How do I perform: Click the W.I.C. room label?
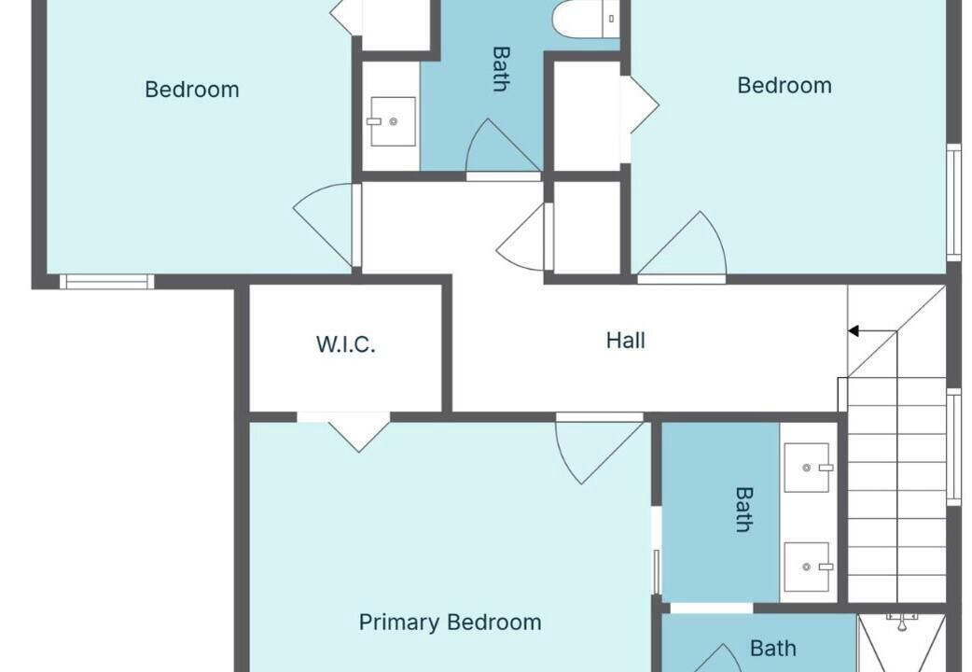pos(345,343)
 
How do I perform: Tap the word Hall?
pos(626,340)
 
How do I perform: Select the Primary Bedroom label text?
pos(450,622)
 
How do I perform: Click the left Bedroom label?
pos(192,90)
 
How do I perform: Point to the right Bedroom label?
pos(785,85)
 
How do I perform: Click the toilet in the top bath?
pos(586,18)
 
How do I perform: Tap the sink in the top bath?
pos(393,121)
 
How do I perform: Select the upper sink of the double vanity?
pos(807,468)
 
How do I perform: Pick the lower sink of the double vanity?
pos(807,567)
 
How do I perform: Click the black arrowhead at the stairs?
pos(854,331)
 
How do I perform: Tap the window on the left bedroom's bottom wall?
pos(106,282)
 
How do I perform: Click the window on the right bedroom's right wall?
pos(953,203)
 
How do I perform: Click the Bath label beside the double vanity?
pos(743,510)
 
